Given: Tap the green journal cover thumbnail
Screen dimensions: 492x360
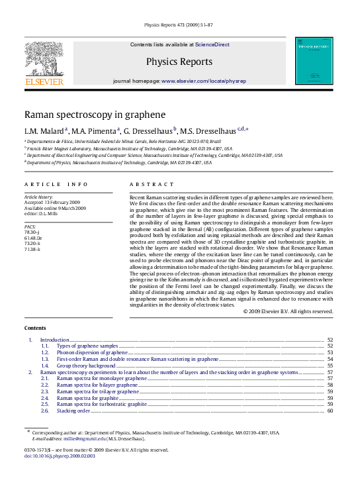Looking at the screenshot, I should click(314, 61).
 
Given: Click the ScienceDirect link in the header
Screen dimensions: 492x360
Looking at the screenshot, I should click(212, 44).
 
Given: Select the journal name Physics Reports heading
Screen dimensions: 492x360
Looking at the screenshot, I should click(179, 62).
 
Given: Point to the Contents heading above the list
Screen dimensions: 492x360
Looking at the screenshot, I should click(35, 328).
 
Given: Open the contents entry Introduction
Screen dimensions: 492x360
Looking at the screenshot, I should click(54, 340).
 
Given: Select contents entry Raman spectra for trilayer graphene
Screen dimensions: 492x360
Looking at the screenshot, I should click(98, 391).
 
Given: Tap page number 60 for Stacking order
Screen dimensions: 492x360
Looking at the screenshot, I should click(330, 411).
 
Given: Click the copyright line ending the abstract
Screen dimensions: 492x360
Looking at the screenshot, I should click(288, 311).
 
